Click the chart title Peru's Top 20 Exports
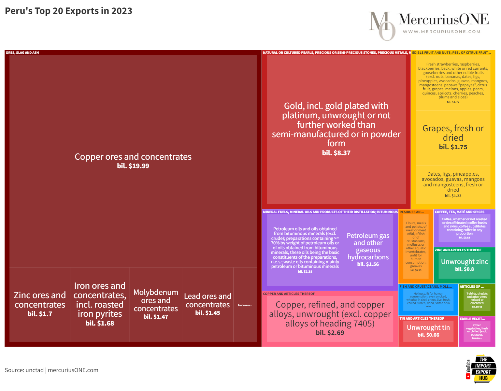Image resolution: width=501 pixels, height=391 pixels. [x=68, y=11]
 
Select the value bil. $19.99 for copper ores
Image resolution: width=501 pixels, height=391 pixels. [x=133, y=166]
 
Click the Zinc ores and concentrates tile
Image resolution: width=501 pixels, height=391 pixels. [x=40, y=304]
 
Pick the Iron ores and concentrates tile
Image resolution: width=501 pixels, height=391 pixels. [x=100, y=304]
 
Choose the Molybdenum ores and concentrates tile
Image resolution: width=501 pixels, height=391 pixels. [x=156, y=304]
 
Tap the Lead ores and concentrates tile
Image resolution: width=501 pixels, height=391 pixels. [x=208, y=304]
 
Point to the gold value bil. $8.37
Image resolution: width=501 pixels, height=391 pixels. [x=336, y=153]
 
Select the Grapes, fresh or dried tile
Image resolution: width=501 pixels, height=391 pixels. [x=453, y=137]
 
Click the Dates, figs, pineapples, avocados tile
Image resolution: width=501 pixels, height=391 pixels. [x=453, y=184]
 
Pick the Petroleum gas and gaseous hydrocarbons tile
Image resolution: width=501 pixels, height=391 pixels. [x=368, y=249]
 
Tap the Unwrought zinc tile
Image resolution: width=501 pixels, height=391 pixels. [x=464, y=265]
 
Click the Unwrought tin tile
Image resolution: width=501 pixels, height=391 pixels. [x=428, y=331]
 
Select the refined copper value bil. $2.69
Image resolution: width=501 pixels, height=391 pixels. [x=330, y=333]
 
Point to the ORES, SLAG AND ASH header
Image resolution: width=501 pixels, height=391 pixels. [x=22, y=53]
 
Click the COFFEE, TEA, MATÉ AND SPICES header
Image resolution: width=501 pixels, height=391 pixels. [x=459, y=212]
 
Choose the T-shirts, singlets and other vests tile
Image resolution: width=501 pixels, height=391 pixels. [x=477, y=300]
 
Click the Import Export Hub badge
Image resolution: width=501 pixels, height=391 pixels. [x=481, y=369]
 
